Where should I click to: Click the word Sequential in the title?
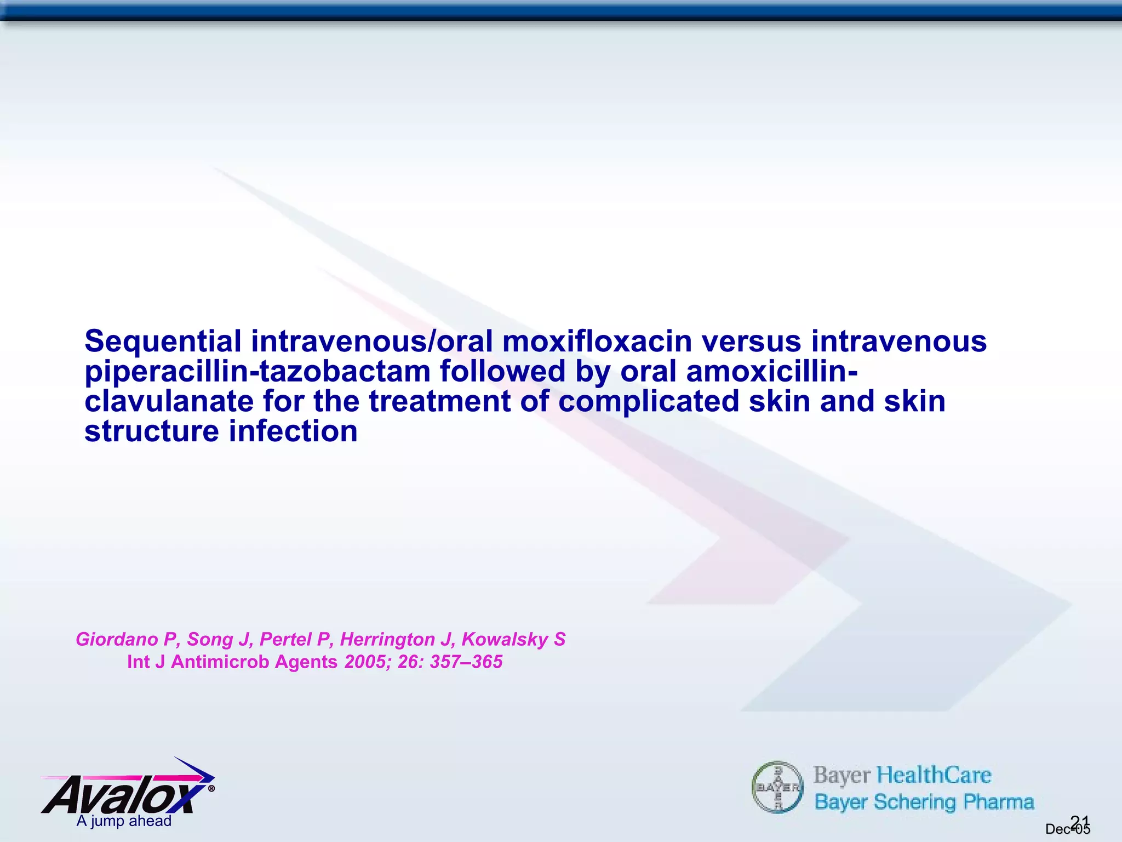[162, 342]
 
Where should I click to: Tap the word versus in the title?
[752, 341]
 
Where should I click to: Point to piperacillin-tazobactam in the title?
[257, 372]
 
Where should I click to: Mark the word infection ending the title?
[293, 431]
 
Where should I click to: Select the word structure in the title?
[152, 431]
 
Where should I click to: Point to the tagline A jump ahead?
[124, 821]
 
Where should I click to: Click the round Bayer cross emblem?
[777, 787]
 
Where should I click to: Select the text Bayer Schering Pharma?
[924, 802]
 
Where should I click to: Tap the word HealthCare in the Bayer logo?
[934, 775]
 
